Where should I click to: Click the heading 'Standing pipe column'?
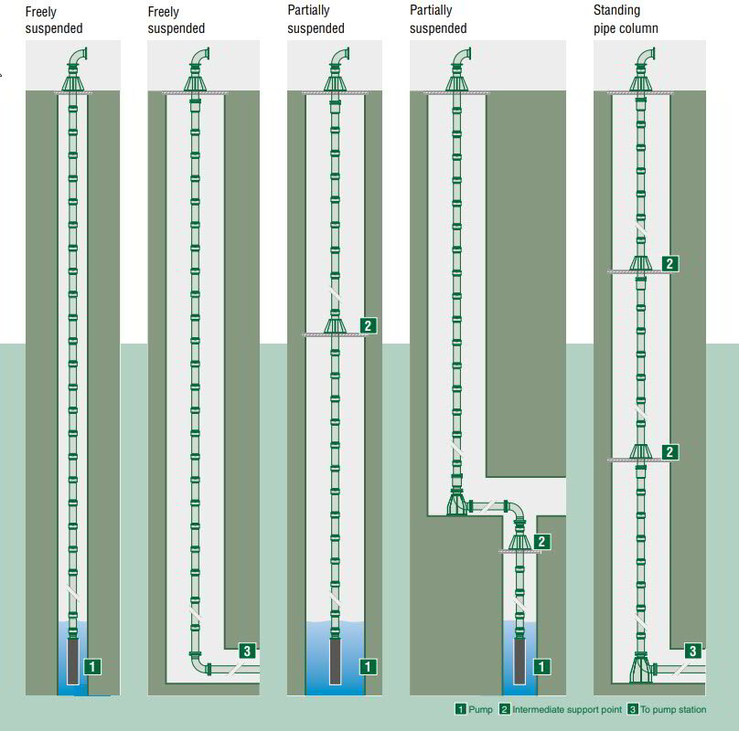click(626, 20)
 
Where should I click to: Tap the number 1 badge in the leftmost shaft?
click(92, 666)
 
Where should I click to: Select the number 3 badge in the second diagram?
click(246, 651)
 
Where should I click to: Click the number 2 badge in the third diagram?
click(368, 324)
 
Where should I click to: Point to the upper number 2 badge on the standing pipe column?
click(670, 263)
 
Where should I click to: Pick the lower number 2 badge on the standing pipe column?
click(670, 451)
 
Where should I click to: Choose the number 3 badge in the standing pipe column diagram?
click(694, 651)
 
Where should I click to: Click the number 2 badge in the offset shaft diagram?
click(542, 541)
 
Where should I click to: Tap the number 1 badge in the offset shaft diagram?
click(542, 666)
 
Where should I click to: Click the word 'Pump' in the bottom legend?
click(480, 710)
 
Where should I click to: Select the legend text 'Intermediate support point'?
click(567, 710)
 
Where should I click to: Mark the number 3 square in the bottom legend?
click(632, 710)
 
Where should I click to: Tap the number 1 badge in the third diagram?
click(368, 666)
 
